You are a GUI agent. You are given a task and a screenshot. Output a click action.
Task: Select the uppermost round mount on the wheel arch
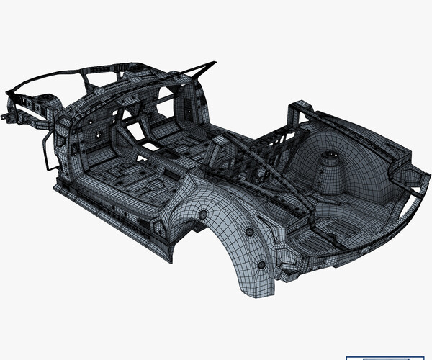(203, 215)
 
